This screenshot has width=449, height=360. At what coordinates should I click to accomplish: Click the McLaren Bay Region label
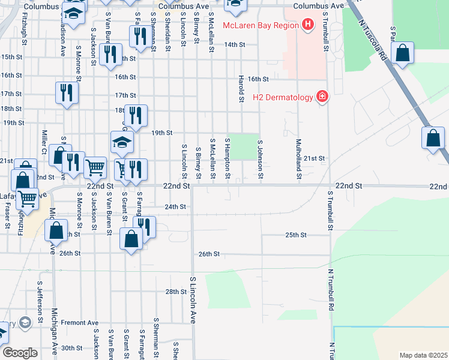click(260, 25)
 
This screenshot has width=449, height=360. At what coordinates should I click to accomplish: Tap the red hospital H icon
click(308, 25)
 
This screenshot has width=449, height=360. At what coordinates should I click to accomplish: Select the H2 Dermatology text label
click(283, 97)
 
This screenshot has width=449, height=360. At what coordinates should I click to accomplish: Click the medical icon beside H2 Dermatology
click(322, 97)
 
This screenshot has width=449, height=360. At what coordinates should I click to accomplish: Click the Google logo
click(20, 353)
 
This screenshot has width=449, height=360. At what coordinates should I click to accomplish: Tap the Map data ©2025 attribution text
click(423, 355)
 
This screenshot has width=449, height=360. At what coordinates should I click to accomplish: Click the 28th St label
click(176, 292)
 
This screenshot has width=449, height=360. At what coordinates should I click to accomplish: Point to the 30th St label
click(71, 348)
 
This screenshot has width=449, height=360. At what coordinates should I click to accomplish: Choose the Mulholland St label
click(298, 159)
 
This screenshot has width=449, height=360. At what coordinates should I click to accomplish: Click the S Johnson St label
click(260, 159)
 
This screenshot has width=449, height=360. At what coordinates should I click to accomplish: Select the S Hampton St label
click(228, 159)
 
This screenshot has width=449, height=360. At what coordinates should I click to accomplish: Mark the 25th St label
click(296, 235)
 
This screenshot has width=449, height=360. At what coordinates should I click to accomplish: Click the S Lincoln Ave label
click(193, 300)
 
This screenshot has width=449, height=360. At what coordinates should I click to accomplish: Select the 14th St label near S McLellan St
click(235, 44)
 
